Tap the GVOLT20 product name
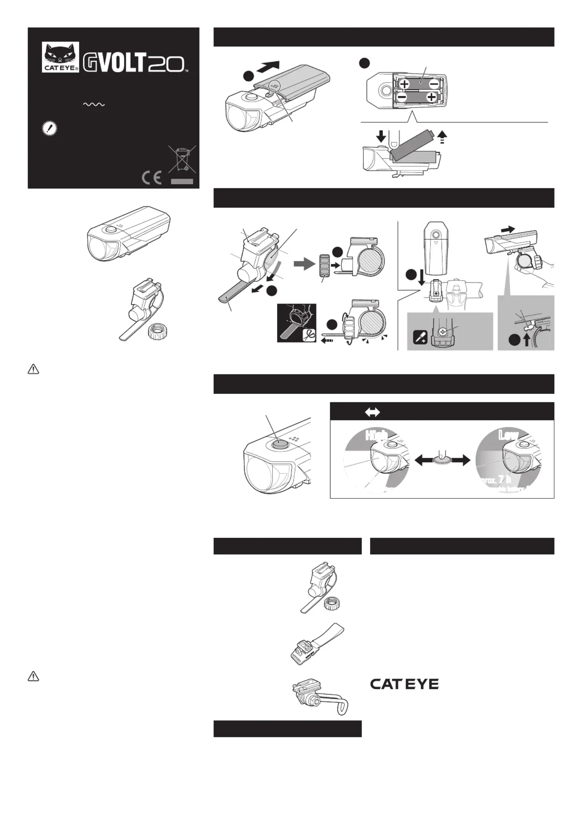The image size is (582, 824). pyautogui.click(x=134, y=63)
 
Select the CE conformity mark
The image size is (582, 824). pyautogui.click(x=151, y=178)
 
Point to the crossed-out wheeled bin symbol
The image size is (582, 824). pyautogui.click(x=182, y=159)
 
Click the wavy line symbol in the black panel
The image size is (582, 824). pyautogui.click(x=94, y=105)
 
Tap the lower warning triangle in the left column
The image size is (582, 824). pyautogui.click(x=33, y=676)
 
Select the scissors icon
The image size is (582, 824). pyautogui.click(x=309, y=335)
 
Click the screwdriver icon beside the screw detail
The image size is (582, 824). pyautogui.click(x=420, y=337)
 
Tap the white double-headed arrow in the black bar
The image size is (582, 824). pyautogui.click(x=373, y=412)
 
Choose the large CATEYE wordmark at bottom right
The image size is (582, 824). pyautogui.click(x=404, y=684)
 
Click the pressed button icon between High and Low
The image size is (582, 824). pyautogui.click(x=442, y=460)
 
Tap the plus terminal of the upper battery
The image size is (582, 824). pyautogui.click(x=405, y=84)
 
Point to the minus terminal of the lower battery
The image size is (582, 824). pyautogui.click(x=402, y=98)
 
